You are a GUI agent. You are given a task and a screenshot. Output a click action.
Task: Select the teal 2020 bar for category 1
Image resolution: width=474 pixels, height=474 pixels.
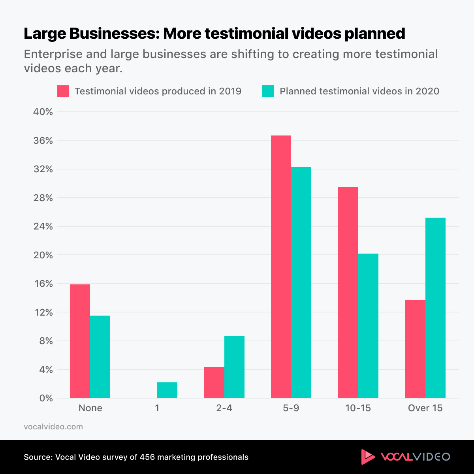pyautogui.click(x=167, y=390)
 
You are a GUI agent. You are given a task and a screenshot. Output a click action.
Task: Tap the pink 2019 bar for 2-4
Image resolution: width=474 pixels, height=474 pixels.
pyautogui.click(x=214, y=382)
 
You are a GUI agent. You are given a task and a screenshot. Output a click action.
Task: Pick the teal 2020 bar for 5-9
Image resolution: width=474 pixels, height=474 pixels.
pyautogui.click(x=301, y=282)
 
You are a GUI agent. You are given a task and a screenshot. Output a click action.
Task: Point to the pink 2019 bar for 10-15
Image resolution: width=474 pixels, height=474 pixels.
pyautogui.click(x=348, y=292)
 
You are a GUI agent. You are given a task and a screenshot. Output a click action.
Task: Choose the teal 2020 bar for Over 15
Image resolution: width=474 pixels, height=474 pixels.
pyautogui.click(x=435, y=308)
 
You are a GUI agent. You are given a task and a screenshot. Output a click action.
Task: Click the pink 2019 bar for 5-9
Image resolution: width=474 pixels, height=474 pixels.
pyautogui.click(x=281, y=267)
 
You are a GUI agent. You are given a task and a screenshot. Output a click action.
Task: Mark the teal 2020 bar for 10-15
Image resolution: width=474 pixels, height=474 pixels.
pyautogui.click(x=368, y=325)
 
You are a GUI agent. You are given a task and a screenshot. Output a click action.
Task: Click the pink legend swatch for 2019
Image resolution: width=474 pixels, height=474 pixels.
pyautogui.click(x=63, y=91)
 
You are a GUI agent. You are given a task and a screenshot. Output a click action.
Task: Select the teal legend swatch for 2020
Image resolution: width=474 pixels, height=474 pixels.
pyautogui.click(x=268, y=91)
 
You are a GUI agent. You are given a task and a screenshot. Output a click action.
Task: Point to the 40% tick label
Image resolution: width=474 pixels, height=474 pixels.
pyautogui.click(x=43, y=112)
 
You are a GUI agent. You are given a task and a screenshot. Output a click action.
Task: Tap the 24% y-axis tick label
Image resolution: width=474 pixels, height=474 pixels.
pyautogui.click(x=43, y=226)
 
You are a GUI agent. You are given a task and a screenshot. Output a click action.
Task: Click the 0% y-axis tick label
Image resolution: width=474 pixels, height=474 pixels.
pyautogui.click(x=46, y=398)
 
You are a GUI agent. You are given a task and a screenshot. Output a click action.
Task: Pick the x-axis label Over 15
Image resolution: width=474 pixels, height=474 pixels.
pyautogui.click(x=425, y=408)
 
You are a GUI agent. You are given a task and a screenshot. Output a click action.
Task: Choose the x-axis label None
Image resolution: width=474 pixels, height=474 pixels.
pyautogui.click(x=90, y=408)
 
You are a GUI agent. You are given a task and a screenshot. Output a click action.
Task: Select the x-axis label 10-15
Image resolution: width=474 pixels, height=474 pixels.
pyautogui.click(x=358, y=408)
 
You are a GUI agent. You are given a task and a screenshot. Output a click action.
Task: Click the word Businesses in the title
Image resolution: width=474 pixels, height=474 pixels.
pyautogui.click(x=114, y=34)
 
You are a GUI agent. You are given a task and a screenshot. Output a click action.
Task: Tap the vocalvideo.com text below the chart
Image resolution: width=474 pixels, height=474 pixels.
pyautogui.click(x=53, y=427)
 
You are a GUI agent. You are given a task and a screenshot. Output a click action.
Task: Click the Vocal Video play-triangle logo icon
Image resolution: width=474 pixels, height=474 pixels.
pyautogui.click(x=368, y=457)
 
